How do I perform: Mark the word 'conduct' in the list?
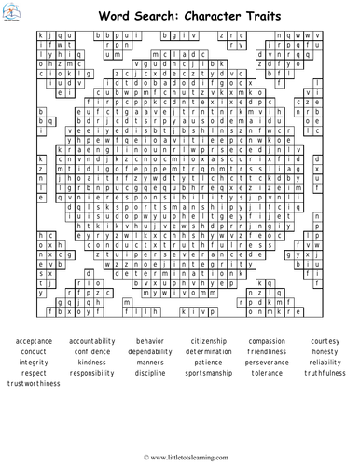tap(34, 351)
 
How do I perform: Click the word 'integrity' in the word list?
tap(34, 362)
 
